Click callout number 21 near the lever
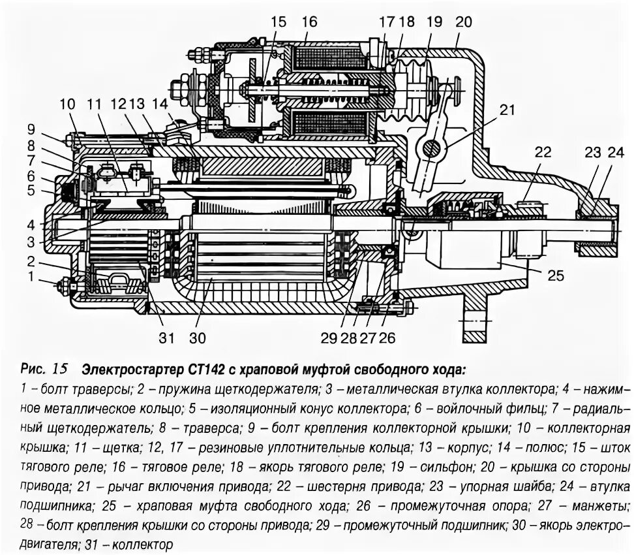(x=507, y=111)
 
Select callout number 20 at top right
(x=463, y=22)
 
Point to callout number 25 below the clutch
(x=554, y=276)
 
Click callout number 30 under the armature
(x=197, y=338)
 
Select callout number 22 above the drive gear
(x=543, y=152)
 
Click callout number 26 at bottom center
(x=387, y=338)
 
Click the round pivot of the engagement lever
(x=431, y=149)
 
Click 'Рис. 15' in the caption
(x=44, y=369)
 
